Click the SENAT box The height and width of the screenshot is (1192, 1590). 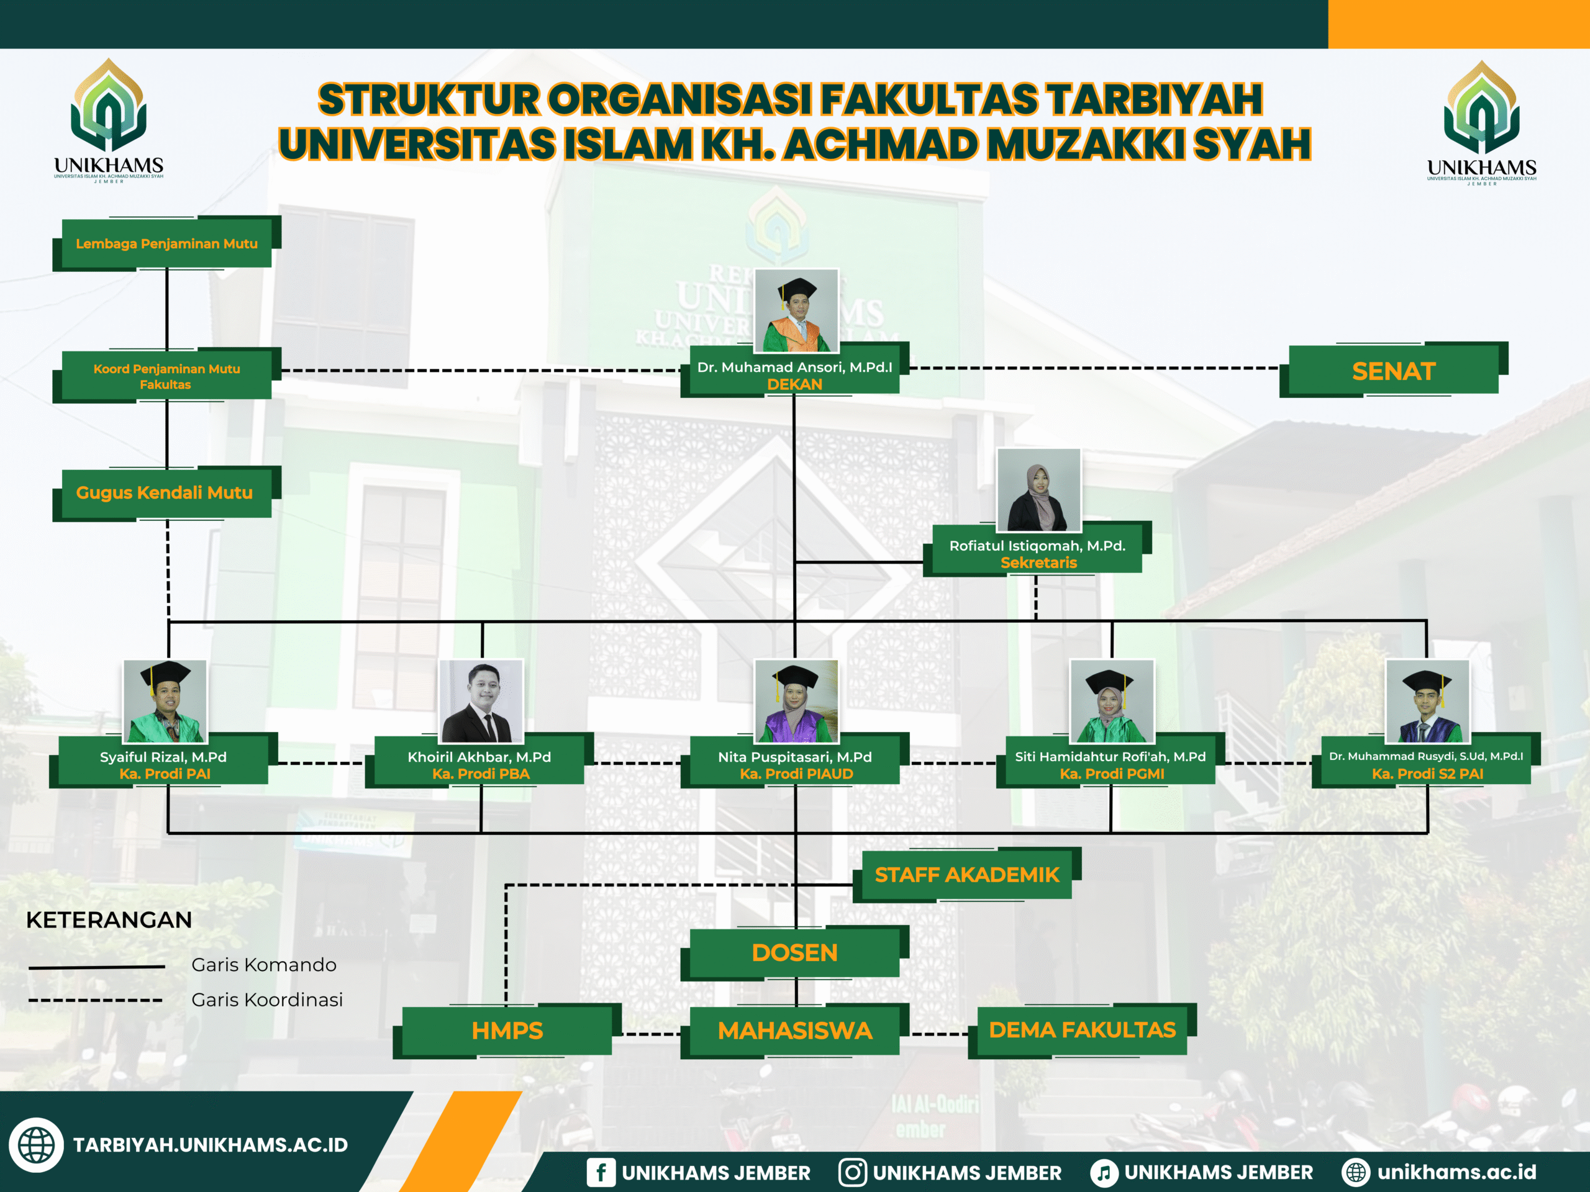[1393, 371]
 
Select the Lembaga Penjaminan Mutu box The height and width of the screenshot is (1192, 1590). [166, 243]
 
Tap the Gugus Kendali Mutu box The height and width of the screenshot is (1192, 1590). [165, 493]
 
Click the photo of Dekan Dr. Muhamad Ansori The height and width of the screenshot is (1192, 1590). [796, 310]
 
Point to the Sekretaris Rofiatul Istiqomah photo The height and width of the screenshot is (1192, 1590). [1038, 489]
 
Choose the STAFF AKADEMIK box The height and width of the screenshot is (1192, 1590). [966, 874]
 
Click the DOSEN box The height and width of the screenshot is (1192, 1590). [794, 953]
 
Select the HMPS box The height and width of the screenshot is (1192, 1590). [507, 1031]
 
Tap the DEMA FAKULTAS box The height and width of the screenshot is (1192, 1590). [1082, 1029]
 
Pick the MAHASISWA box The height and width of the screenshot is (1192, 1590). [794, 1031]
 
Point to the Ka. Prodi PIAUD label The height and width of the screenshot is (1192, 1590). [796, 774]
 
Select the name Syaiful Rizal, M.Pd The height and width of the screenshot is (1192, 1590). [163, 757]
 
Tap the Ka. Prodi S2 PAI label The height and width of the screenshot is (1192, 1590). [1427, 774]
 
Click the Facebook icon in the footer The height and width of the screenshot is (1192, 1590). [601, 1172]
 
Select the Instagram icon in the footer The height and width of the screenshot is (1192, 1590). [853, 1172]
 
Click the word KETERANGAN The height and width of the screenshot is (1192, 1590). [109, 919]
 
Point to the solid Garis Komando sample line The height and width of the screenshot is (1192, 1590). [97, 967]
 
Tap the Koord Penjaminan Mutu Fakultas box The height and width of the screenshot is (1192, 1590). [166, 376]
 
